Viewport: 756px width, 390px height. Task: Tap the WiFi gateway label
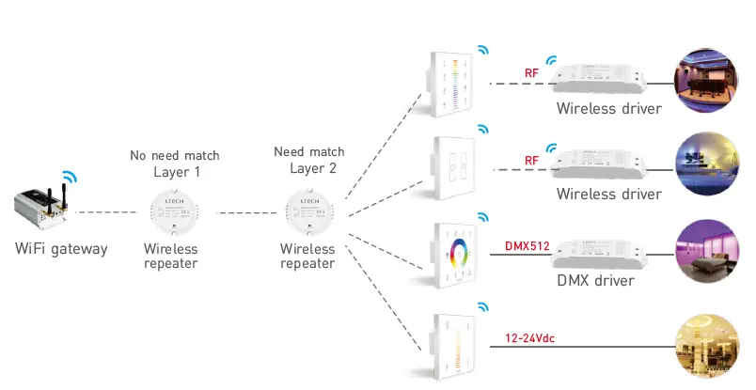click(x=61, y=249)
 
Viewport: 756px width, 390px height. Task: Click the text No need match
click(x=174, y=154)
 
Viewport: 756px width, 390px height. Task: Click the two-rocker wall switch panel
click(x=456, y=170)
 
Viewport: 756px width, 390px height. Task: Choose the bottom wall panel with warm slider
click(x=456, y=342)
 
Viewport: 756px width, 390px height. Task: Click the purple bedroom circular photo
click(x=704, y=252)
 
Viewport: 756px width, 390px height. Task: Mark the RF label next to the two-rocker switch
click(x=531, y=161)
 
